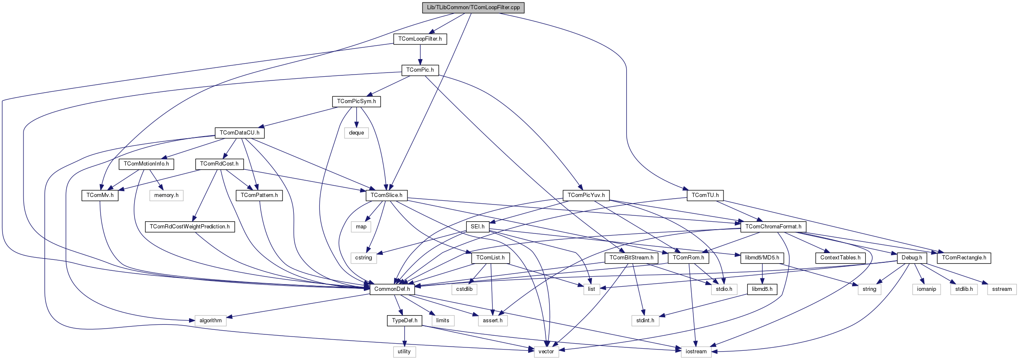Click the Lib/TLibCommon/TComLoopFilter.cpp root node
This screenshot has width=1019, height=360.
[473, 8]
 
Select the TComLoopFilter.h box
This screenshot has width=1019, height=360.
[420, 39]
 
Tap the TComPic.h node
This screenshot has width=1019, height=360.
[420, 70]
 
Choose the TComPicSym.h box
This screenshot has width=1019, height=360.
[356, 101]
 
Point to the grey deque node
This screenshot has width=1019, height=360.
[356, 133]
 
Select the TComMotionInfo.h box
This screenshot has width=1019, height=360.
[146, 164]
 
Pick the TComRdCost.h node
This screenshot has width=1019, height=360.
[219, 164]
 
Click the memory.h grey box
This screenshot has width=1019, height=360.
[166, 195]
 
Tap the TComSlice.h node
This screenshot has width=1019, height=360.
[386, 195]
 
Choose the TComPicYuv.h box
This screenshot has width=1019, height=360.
[586, 195]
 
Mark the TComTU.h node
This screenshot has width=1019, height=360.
[705, 195]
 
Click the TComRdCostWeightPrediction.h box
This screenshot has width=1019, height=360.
[189, 227]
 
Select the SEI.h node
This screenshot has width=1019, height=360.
[477, 227]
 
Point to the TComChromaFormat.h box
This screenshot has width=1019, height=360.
[773, 227]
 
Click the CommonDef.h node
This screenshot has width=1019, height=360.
[392, 289]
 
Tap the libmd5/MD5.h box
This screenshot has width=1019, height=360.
[762, 258]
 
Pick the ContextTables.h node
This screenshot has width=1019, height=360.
[840, 258]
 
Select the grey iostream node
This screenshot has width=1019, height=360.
[696, 352]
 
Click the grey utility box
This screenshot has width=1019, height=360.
[404, 352]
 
